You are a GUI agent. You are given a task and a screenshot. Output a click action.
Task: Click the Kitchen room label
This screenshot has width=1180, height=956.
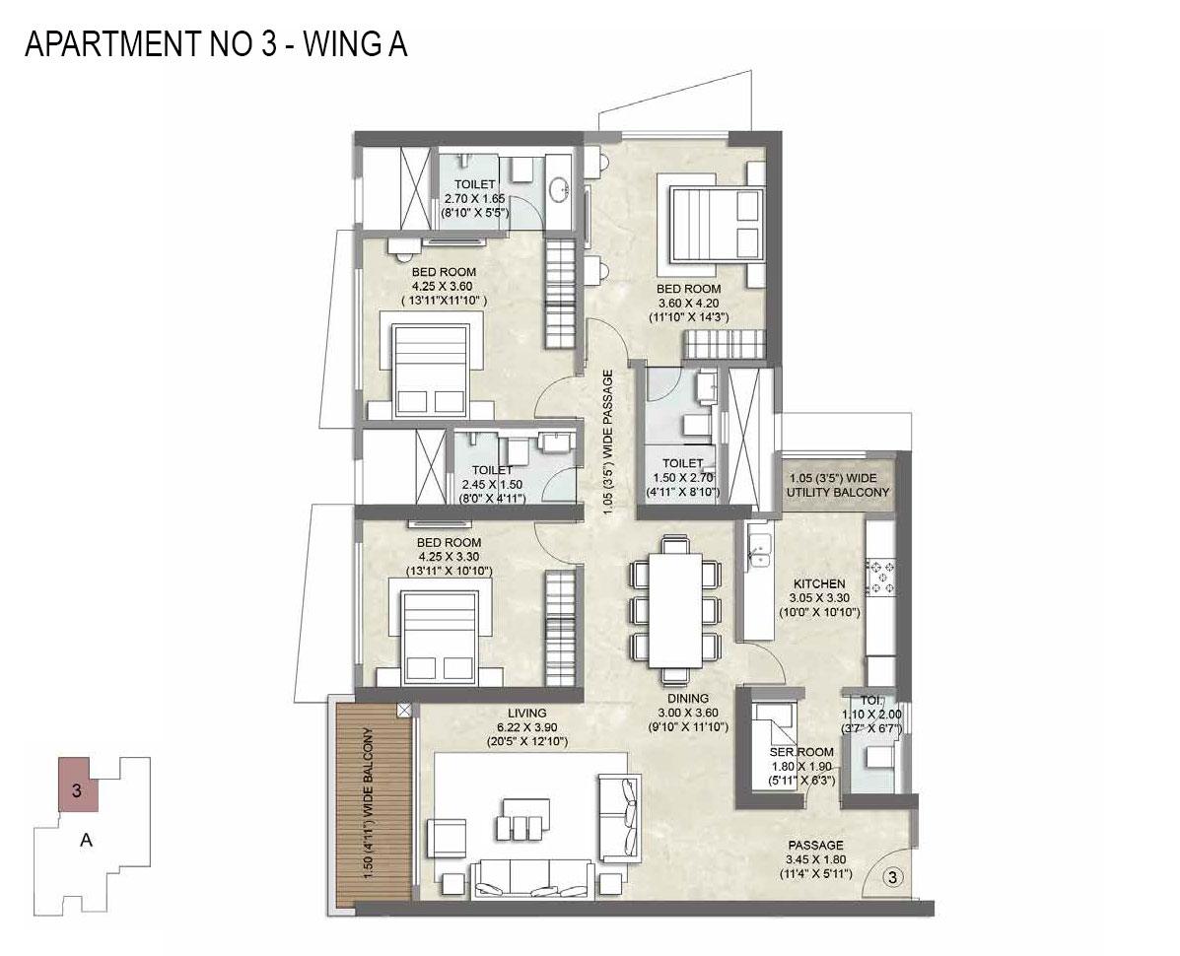coord(817,597)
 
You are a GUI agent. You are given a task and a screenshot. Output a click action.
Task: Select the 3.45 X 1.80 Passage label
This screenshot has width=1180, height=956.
coord(814,859)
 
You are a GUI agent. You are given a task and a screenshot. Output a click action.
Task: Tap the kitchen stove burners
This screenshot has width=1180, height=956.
coord(880,578)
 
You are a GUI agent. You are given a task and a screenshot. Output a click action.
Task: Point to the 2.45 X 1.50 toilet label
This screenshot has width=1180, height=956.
coord(491,484)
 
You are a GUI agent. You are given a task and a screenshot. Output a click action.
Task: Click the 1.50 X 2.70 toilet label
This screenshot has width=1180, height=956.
coord(682,476)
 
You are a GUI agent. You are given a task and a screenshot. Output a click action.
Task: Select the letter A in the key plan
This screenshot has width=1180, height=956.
coord(86,841)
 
